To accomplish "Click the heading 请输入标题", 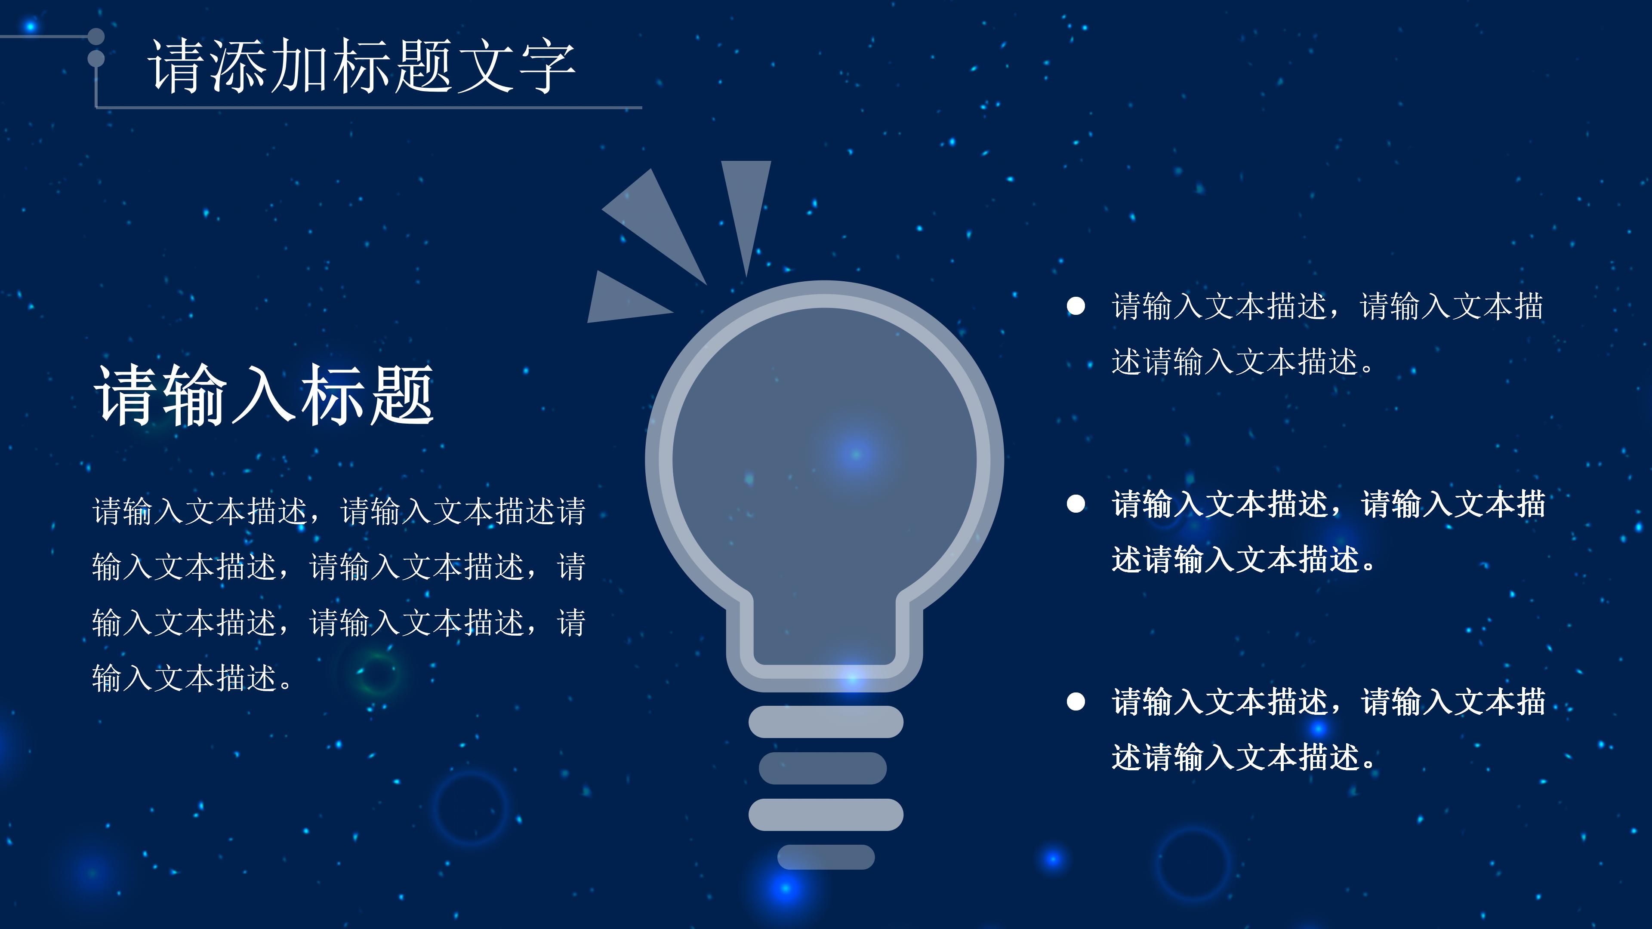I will (x=264, y=396).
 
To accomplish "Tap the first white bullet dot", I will (x=1076, y=307).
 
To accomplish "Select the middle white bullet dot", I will (x=1076, y=504).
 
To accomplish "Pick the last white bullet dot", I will (x=1076, y=701).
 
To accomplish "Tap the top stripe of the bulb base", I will (x=826, y=722).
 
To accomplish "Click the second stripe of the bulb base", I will (x=823, y=768).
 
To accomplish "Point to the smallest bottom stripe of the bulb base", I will (x=826, y=857).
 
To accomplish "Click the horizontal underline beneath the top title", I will (x=369, y=108).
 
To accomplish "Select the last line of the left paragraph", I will (x=192, y=678).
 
